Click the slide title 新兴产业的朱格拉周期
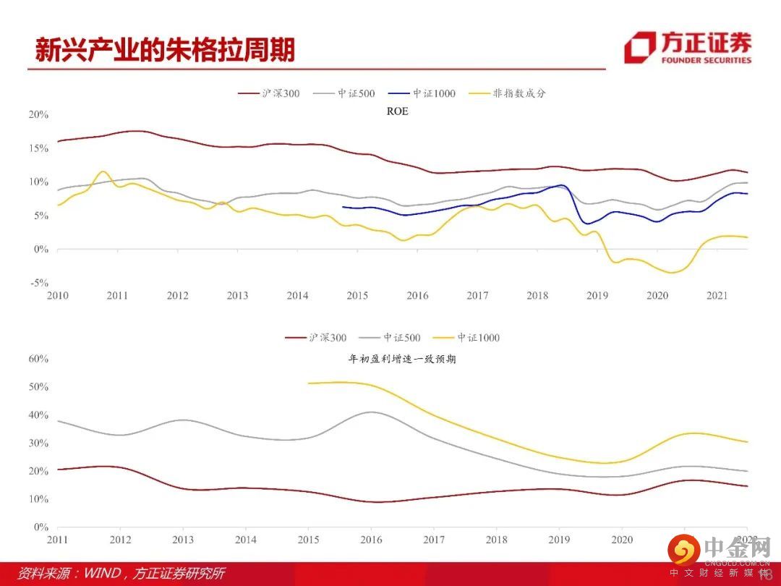pos(165,51)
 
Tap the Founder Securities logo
pos(688,48)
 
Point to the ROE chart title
pos(398,111)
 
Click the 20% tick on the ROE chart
pos(38,114)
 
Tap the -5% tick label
pos(39,283)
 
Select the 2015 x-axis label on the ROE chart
pos(357,295)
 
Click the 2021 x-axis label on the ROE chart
pos(717,295)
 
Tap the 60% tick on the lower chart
pos(38,358)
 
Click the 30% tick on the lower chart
pos(38,443)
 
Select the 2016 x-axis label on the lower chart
pos(371,540)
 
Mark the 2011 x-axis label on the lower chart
pos(58,540)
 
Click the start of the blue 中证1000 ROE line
pos(343,207)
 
